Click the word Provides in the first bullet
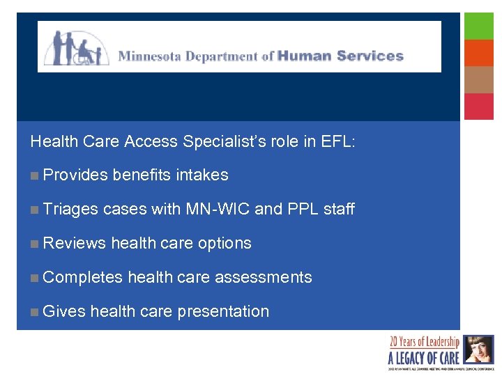tap(75, 175)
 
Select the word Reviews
tap(75, 243)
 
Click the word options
tap(225, 243)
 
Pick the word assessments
tap(263, 277)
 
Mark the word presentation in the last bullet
tap(223, 311)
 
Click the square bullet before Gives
tap(34, 312)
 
